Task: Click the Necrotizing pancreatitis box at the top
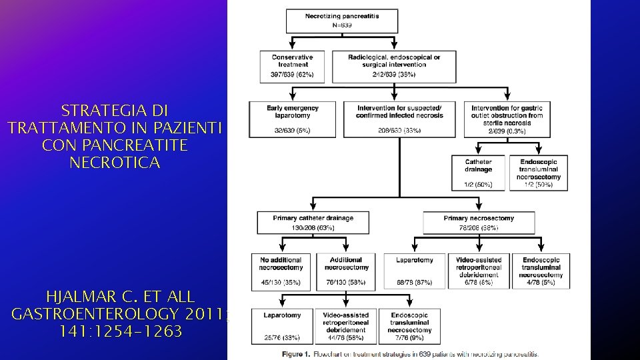click(342, 20)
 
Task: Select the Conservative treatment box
click(289, 66)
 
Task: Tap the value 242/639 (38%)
click(394, 75)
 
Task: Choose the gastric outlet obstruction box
click(507, 119)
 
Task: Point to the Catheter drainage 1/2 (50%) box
click(479, 172)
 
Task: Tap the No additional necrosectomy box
click(281, 271)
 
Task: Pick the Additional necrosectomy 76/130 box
click(345, 271)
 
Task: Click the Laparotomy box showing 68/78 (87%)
click(414, 271)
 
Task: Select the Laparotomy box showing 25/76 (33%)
click(281, 325)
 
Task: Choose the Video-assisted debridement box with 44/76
click(345, 325)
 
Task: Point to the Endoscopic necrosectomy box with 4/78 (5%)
click(541, 271)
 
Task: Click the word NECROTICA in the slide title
click(115, 163)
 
